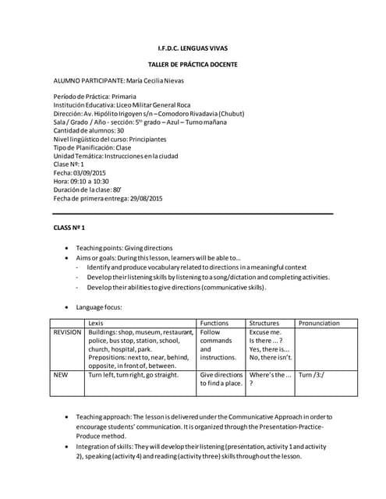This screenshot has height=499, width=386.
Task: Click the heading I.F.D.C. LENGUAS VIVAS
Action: [193, 49]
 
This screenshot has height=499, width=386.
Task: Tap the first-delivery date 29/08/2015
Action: [147, 199]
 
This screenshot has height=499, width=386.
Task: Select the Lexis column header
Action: [96, 323]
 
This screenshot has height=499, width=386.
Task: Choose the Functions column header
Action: [214, 323]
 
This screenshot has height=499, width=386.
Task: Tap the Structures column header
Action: [264, 323]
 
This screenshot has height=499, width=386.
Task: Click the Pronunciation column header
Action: [319, 323]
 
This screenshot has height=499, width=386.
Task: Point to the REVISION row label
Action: [67, 332]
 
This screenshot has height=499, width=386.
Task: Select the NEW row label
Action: [60, 375]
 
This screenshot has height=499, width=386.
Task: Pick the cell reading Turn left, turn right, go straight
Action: [133, 375]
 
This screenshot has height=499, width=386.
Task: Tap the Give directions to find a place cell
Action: [221, 380]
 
